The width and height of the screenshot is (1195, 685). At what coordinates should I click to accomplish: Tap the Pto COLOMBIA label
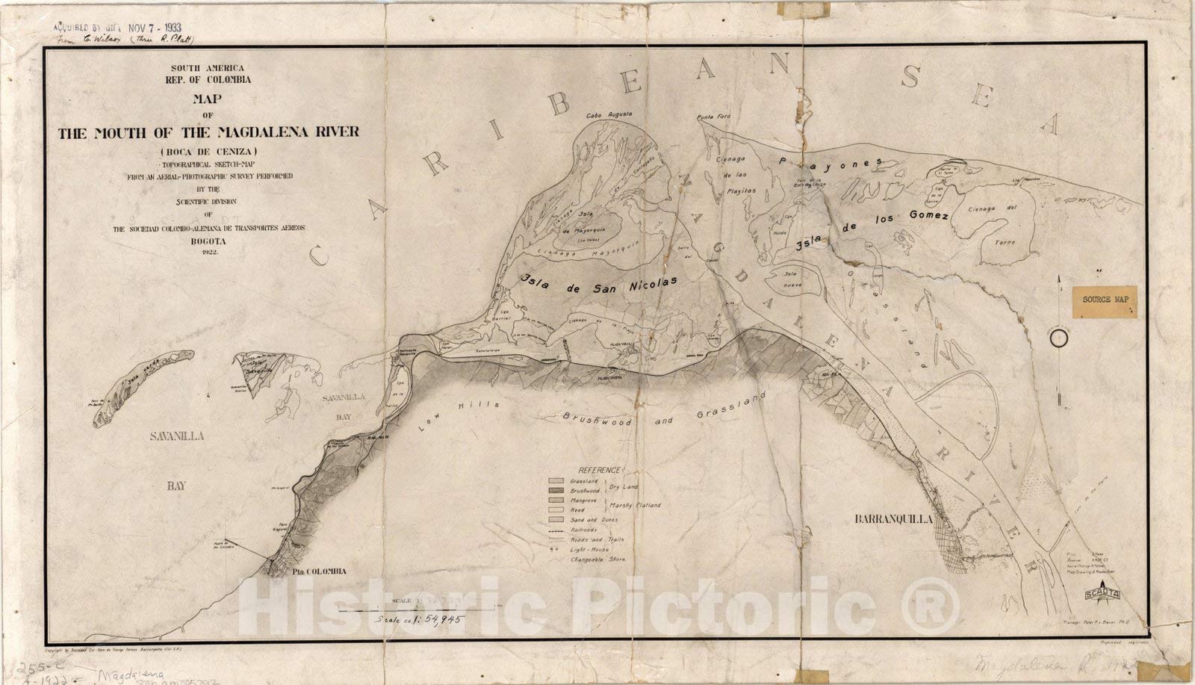click(318, 571)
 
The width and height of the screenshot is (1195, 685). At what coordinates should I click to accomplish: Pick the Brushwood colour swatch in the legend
click(556, 491)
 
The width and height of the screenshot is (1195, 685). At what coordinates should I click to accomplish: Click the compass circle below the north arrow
click(1058, 338)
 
